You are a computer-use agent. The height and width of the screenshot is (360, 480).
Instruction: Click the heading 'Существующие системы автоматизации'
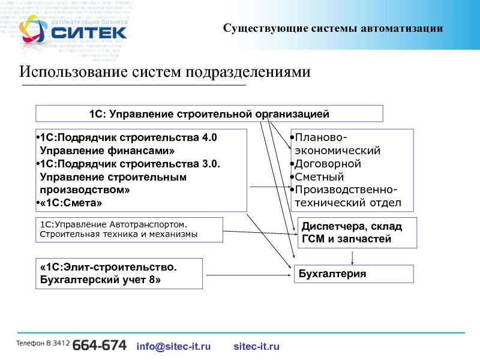333,28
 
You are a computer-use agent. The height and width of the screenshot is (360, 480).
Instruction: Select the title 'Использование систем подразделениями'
165,73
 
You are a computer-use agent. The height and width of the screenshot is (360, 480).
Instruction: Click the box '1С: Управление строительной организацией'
209,113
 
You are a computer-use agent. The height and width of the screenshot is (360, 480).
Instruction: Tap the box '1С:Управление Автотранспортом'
129,229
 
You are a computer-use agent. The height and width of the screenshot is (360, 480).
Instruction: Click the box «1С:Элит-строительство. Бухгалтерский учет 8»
119,273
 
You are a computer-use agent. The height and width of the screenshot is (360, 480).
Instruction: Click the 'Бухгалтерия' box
353,274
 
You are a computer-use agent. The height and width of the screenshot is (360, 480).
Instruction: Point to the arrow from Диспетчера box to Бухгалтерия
352,256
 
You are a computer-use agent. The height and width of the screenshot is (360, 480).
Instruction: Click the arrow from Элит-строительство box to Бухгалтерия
248,274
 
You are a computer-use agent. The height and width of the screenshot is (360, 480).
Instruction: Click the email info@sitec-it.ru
174,346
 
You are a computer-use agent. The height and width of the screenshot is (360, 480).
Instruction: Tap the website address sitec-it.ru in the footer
256,346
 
